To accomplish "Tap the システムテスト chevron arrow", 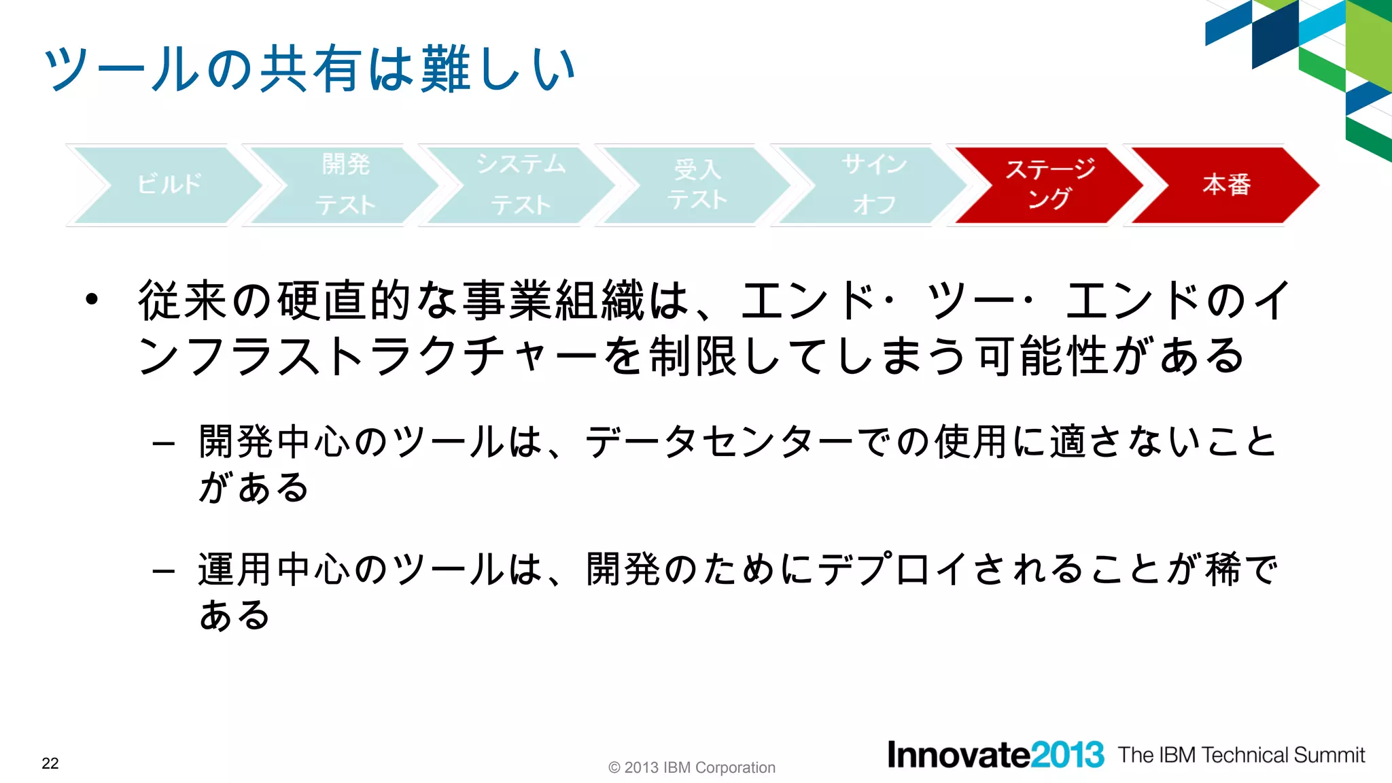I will [521, 185].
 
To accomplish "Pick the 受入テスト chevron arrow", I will [697, 185].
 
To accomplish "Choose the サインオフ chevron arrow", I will [873, 185].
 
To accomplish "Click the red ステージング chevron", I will [1050, 185].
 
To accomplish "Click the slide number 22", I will [50, 763].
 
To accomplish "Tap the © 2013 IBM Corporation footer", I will [691, 767].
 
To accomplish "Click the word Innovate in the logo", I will [958, 755].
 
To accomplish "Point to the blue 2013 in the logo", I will [1067, 755].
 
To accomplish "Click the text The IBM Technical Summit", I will [1241, 755].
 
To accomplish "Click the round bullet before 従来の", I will [92, 299].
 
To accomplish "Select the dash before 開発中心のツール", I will [164, 445].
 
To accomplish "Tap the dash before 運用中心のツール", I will [164, 572].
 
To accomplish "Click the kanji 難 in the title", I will [445, 69].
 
